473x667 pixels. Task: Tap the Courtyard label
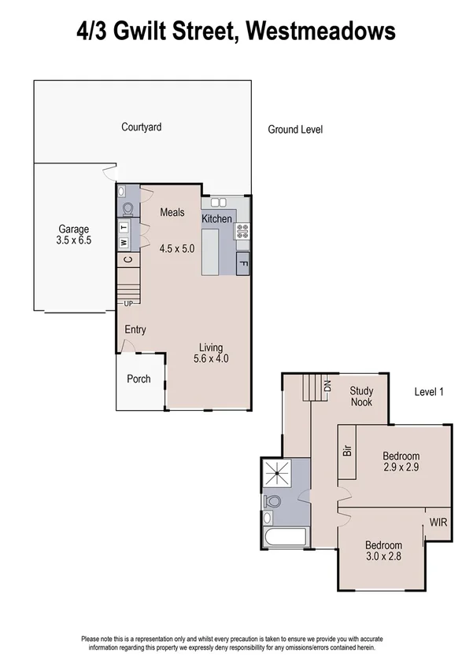142,126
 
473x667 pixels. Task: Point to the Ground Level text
295,130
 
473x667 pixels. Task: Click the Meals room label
172,212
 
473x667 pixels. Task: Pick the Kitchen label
217,218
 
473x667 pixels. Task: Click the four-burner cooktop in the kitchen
242,231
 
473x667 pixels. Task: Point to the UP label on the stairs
127,303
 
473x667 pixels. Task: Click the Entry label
135,330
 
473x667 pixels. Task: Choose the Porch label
139,379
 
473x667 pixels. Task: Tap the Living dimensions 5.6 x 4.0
210,359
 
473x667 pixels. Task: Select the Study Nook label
362,397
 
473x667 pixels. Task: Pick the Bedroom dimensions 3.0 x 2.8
383,556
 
